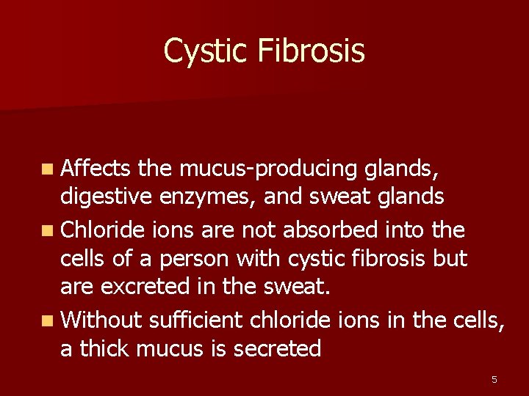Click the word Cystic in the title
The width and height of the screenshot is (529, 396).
(x=206, y=51)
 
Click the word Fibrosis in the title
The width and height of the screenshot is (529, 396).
(x=311, y=51)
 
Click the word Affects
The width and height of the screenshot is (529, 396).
(x=96, y=169)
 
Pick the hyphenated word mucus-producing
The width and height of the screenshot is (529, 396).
(x=267, y=169)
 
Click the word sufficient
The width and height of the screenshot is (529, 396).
(x=196, y=320)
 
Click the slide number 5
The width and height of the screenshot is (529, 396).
(x=494, y=379)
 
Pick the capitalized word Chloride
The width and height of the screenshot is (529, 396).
(x=104, y=230)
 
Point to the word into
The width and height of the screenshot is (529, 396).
(x=410, y=230)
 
